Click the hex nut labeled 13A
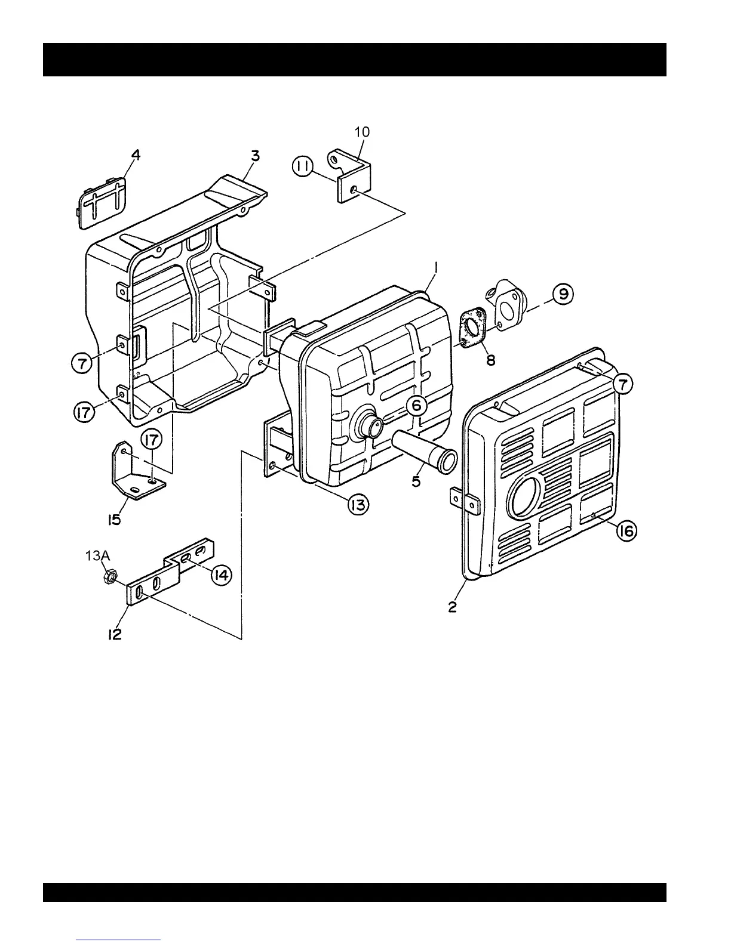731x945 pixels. [x=109, y=577]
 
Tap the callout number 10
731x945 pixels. [x=362, y=132]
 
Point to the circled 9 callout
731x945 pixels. [x=563, y=294]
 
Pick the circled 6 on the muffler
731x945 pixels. [x=416, y=406]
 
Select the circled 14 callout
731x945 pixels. [x=221, y=575]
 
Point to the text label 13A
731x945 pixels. [x=97, y=555]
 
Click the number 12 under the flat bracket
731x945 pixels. [x=115, y=635]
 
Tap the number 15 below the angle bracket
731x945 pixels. [x=115, y=519]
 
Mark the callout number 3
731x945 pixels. [x=255, y=156]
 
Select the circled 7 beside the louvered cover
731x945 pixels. [x=622, y=385]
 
